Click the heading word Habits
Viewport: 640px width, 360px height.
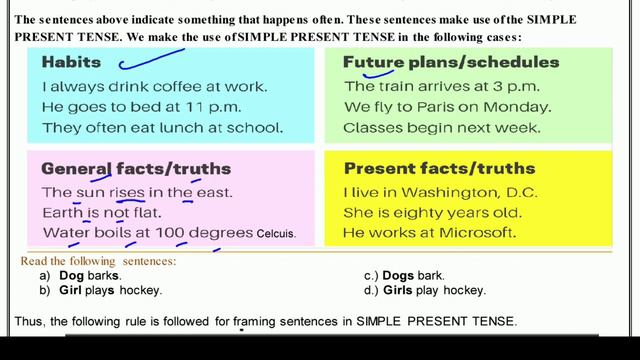(x=71, y=62)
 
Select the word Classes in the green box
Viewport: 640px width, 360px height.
(x=372, y=127)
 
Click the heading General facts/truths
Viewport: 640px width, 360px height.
(x=136, y=168)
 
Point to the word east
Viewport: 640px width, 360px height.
(x=212, y=191)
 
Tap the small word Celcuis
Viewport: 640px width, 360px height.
(x=276, y=234)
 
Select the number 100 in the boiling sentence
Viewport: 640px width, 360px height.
(x=165, y=233)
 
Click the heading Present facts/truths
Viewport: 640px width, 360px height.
(x=439, y=168)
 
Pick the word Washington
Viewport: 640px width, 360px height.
(x=432, y=191)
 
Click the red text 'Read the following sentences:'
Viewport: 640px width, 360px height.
(x=98, y=261)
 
